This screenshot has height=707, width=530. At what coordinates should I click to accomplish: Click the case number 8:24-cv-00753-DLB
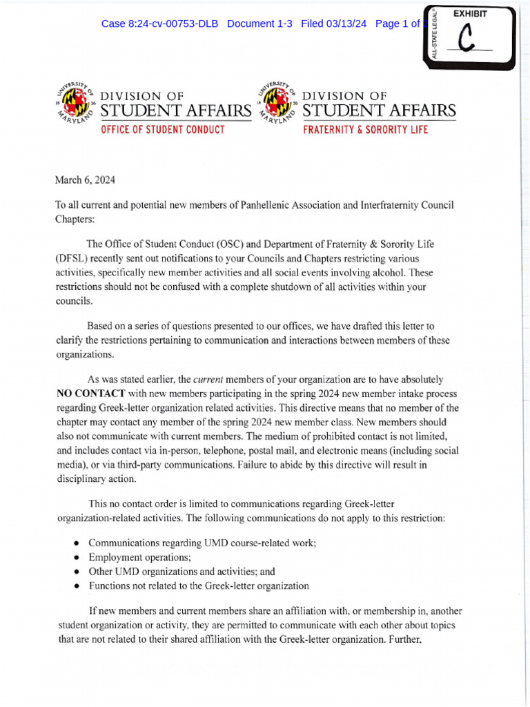pos(159,23)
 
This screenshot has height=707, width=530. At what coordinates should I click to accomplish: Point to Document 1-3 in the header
pos(259,23)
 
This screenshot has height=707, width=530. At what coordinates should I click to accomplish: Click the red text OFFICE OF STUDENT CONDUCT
pos(162,130)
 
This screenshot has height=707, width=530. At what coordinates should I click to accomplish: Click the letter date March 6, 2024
pos(85,180)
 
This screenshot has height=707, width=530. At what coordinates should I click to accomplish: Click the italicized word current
pos(208,380)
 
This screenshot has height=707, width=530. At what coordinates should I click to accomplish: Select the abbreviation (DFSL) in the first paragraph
pos(75,259)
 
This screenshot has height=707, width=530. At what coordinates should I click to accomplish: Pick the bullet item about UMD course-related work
pos(202,543)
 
